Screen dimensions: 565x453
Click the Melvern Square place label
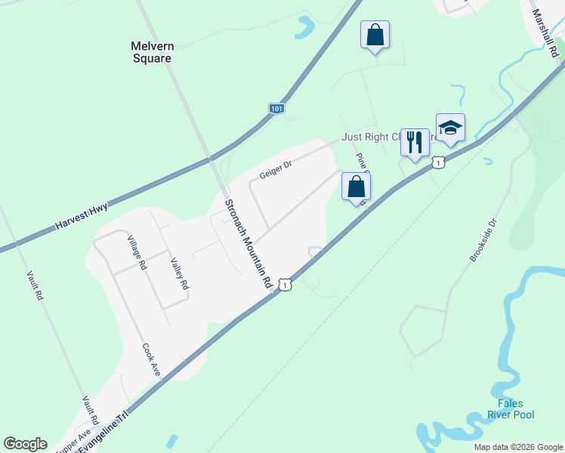[151, 52]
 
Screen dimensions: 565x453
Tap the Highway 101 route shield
[276, 109]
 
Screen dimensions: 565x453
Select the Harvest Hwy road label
[82, 216]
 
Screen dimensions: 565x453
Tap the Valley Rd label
[179, 274]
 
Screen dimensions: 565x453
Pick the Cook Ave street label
[152, 361]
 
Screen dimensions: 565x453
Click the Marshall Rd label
[544, 34]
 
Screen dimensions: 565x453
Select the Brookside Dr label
[484, 240]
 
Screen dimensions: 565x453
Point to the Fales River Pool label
[517, 409]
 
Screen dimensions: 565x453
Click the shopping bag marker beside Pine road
[356, 186]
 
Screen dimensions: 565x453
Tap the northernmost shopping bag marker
[375, 35]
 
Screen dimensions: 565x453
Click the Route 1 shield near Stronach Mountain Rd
[284, 284]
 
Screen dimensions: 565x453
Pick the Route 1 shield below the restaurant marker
[438, 162]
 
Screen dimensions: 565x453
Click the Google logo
[25, 444]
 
